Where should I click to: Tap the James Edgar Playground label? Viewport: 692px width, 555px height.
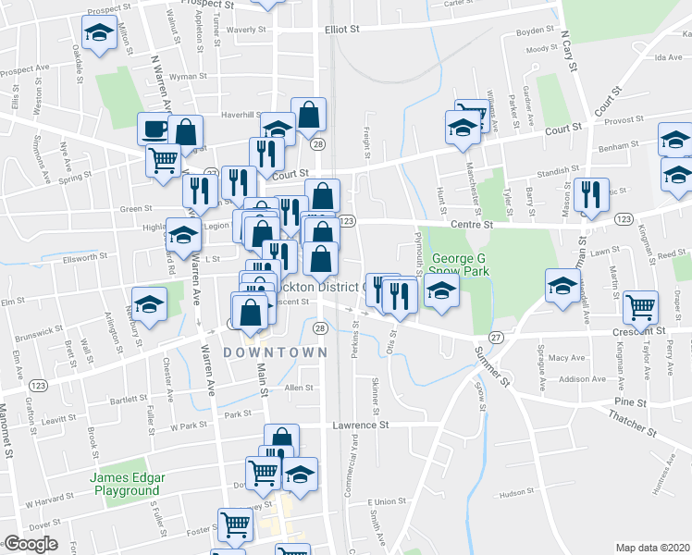[x=128, y=484]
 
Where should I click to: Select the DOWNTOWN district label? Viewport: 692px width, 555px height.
[x=275, y=352]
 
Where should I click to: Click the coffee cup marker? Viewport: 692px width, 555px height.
[x=154, y=128]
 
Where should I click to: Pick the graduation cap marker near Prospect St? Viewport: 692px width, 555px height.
[x=97, y=34]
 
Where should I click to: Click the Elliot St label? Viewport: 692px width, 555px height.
[x=341, y=30]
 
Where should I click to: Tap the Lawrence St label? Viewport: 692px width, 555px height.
[x=361, y=425]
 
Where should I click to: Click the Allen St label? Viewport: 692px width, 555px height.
[x=299, y=388]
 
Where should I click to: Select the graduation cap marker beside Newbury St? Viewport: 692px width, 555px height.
[x=149, y=302]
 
